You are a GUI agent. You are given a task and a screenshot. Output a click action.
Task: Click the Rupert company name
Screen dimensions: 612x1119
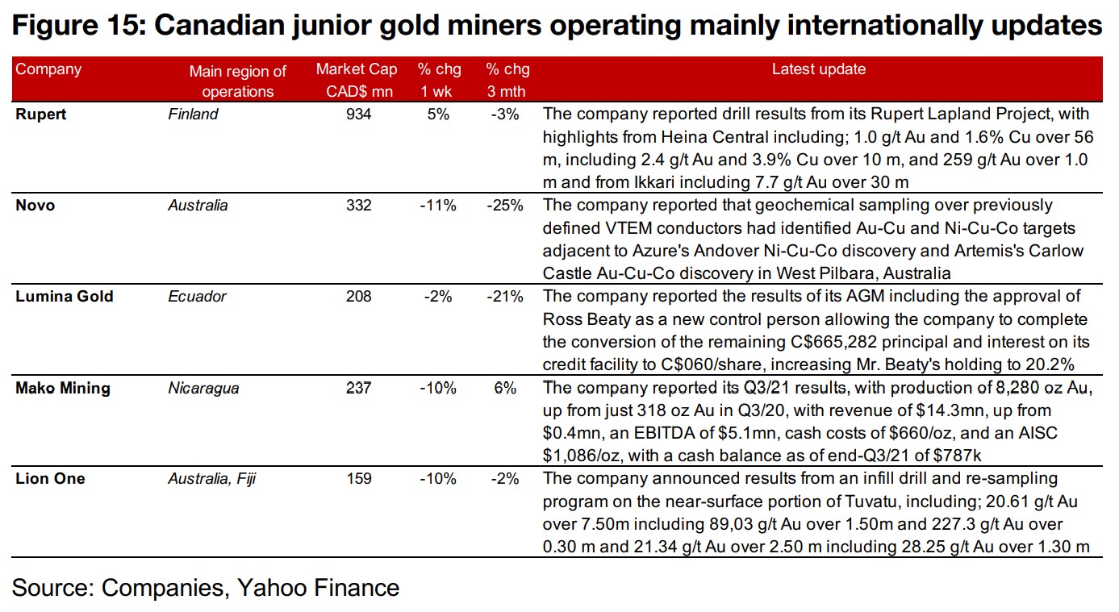[41, 114]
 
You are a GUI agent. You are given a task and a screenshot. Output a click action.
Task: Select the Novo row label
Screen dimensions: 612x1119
[36, 206]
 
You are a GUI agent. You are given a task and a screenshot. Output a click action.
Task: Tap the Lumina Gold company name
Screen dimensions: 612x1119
[65, 297]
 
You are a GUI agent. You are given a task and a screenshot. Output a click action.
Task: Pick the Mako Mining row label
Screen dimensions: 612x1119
[63, 388]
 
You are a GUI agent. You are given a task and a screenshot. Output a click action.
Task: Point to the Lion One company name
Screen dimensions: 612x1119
[50, 479]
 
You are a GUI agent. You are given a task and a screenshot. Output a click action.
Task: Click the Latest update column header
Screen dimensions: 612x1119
[818, 69]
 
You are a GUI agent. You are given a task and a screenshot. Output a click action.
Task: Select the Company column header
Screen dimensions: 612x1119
[48, 69]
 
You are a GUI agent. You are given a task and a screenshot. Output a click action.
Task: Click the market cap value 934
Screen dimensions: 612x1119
[358, 114]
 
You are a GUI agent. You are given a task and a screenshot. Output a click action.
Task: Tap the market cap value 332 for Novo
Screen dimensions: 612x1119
[358, 206]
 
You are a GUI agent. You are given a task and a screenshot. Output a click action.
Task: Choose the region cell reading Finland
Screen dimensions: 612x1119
[193, 114]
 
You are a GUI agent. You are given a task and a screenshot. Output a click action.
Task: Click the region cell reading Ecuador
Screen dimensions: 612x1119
[197, 297]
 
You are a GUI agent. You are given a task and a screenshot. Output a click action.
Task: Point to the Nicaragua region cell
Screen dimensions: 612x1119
[203, 388]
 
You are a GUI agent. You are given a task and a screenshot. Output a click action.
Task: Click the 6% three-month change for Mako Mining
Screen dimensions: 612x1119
[506, 388]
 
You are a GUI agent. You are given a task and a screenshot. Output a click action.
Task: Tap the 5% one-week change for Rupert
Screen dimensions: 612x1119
[439, 114]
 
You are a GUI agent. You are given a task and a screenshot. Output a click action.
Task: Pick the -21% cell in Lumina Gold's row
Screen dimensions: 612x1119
[506, 297]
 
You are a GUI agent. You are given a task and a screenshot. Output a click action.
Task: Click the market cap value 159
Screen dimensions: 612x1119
[358, 479]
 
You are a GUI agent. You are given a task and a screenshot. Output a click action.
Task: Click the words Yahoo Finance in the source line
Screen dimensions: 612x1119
[318, 588]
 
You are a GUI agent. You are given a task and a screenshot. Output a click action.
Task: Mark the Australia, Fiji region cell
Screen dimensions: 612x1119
[211, 479]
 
